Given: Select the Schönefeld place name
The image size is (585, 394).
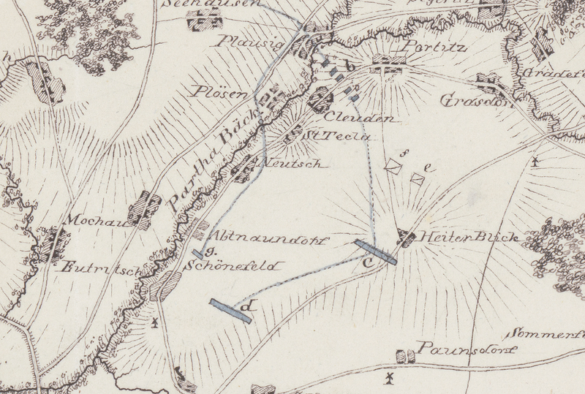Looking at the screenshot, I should tap(233, 266).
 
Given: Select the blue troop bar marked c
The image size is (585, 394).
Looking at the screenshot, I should tap(375, 251).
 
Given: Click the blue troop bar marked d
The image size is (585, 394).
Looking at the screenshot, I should tap(230, 311).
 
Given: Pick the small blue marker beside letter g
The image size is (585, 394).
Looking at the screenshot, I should tap(198, 254).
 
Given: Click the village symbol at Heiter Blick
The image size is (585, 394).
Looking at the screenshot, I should tap(406, 237).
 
